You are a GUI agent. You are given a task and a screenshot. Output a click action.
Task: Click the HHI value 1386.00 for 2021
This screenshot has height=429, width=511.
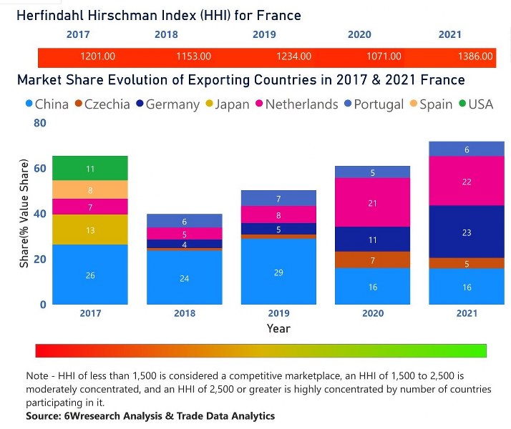click(476, 56)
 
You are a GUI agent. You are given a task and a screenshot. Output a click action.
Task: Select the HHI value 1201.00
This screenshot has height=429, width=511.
click(98, 56)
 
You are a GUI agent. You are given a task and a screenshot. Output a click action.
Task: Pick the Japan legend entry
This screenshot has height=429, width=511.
click(228, 104)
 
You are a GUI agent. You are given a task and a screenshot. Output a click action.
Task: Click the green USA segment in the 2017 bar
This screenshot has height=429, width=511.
click(90, 169)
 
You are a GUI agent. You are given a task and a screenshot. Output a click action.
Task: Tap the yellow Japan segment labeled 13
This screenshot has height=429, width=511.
click(90, 230)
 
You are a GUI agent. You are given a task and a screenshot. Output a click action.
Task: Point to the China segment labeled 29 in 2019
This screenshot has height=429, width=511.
click(278, 272)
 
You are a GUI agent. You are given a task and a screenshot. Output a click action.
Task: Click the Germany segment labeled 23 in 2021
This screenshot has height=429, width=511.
click(467, 232)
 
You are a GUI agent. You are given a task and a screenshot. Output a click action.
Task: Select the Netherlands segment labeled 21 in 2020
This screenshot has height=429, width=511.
click(372, 203)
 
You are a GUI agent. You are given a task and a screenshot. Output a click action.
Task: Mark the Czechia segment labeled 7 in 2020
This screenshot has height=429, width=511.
click(372, 261)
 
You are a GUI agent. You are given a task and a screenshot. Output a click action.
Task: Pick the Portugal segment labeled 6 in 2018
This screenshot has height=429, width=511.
click(184, 222)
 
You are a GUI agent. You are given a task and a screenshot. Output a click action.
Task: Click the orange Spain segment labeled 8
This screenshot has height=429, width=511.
click(90, 190)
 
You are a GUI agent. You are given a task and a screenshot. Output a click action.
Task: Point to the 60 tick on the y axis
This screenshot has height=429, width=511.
click(39, 169)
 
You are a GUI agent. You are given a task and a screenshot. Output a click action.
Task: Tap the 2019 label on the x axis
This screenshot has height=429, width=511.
click(278, 312)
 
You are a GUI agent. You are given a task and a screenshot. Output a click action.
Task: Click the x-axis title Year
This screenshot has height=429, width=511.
click(278, 328)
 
